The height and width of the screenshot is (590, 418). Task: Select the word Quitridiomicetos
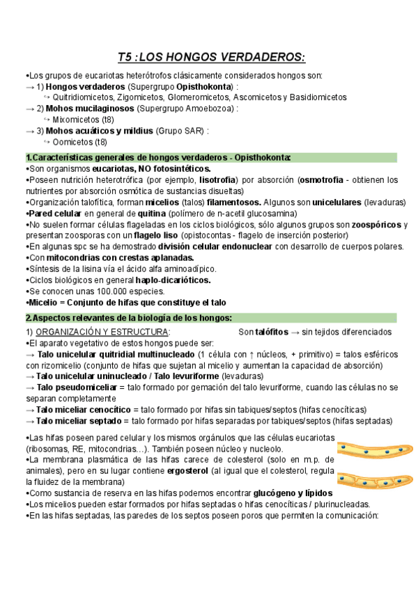point(83,97)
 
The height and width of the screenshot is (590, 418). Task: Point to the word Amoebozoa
point(211,109)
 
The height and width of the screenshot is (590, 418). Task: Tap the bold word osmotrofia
point(325,180)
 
